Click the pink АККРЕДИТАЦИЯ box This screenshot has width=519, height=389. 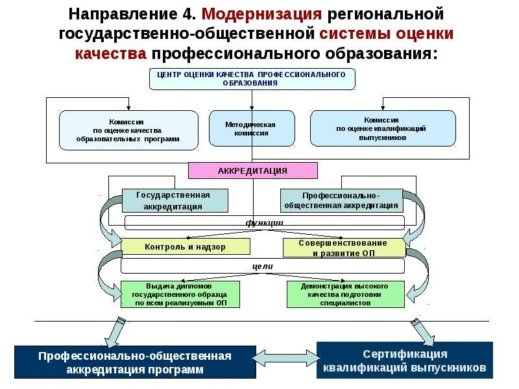pyautogui.click(x=253, y=171)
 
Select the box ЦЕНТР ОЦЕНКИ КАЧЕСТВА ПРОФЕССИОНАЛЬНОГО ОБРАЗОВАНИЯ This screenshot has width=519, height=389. pyautogui.click(x=253, y=78)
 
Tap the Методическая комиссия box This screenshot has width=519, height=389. pyautogui.click(x=251, y=128)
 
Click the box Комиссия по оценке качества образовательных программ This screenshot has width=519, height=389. pyautogui.click(x=128, y=130)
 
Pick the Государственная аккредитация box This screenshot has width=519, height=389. pyautogui.click(x=175, y=200)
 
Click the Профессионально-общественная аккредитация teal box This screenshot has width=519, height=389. pyautogui.click(x=341, y=200)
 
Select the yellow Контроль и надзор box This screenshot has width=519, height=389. pyautogui.click(x=186, y=246)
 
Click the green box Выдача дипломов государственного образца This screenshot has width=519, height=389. pyautogui.click(x=181, y=294)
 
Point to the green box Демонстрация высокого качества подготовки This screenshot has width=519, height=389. pyautogui.click(x=345, y=294)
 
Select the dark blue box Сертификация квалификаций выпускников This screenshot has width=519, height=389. pyautogui.click(x=404, y=360)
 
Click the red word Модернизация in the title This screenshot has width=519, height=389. pyautogui.click(x=263, y=14)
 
